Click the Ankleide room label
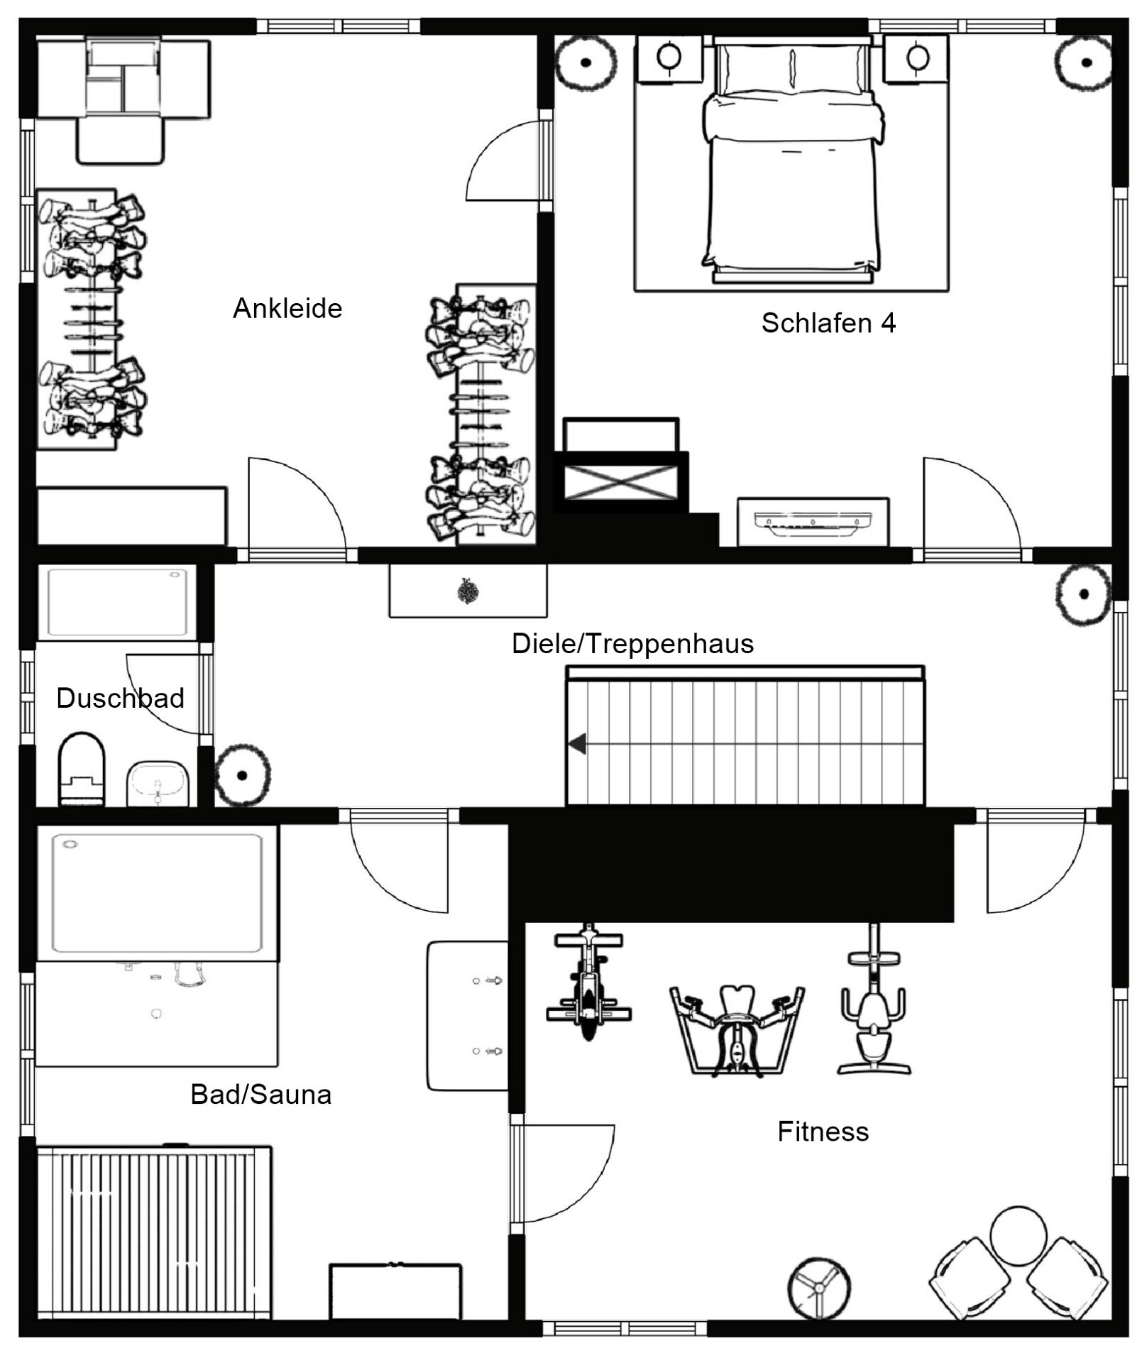pos(287,309)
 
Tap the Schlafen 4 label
pos(828,323)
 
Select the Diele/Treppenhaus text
pos(632,644)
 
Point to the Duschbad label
pos(120,699)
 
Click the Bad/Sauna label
pos(260,1095)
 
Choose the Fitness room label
pos(823,1132)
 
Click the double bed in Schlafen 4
pos(792,160)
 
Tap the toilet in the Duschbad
pos(82,770)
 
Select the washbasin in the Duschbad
pos(158,784)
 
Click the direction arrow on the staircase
pos(577,744)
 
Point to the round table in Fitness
pos(1018,1236)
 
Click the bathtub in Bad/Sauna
pos(157,893)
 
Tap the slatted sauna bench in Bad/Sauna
pos(154,1233)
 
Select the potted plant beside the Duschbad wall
pos(243,775)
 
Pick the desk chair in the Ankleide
pos(121,140)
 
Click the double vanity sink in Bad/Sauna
pos(468,1016)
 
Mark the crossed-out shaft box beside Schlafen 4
pos(620,482)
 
